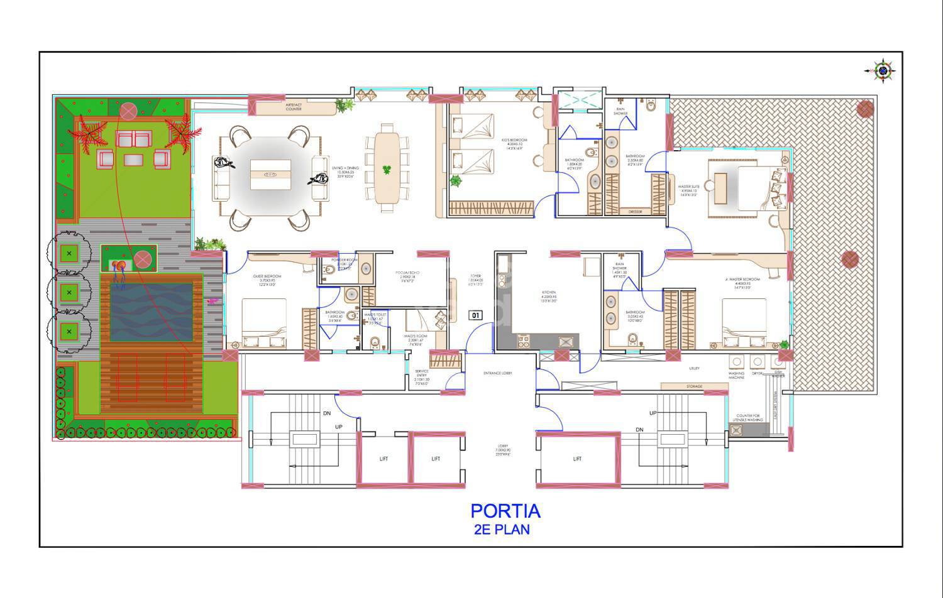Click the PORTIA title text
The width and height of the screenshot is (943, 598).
click(x=505, y=511)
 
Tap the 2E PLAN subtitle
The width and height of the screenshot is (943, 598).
click(x=502, y=529)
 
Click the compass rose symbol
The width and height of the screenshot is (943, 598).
click(x=883, y=71)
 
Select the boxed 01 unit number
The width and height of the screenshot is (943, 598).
click(x=476, y=315)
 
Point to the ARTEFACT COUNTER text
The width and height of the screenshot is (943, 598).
click(x=294, y=107)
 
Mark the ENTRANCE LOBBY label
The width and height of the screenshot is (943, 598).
click(x=497, y=373)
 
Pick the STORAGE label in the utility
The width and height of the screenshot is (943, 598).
click(x=694, y=386)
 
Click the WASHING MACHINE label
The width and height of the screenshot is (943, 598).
click(x=736, y=375)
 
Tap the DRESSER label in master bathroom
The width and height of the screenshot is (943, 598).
click(x=635, y=212)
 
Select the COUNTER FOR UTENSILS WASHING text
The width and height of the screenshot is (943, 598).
click(x=748, y=418)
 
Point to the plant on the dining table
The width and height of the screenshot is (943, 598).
click(x=387, y=169)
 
